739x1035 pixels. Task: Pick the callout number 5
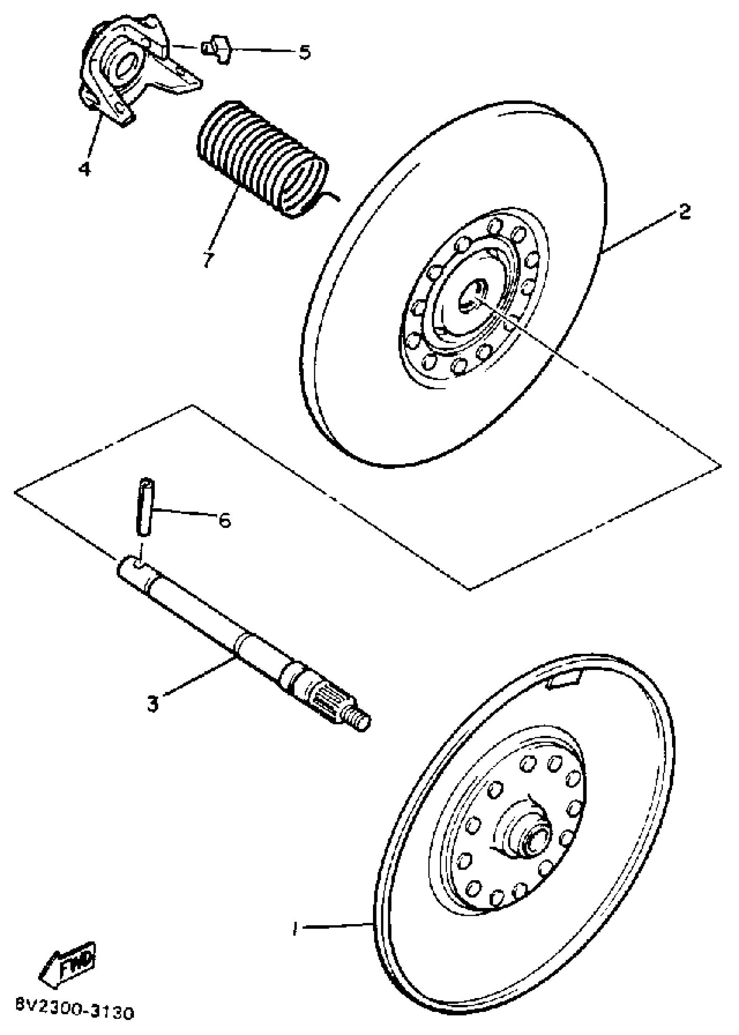click(304, 52)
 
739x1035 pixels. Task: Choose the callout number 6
click(224, 520)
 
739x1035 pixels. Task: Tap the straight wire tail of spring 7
click(334, 197)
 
